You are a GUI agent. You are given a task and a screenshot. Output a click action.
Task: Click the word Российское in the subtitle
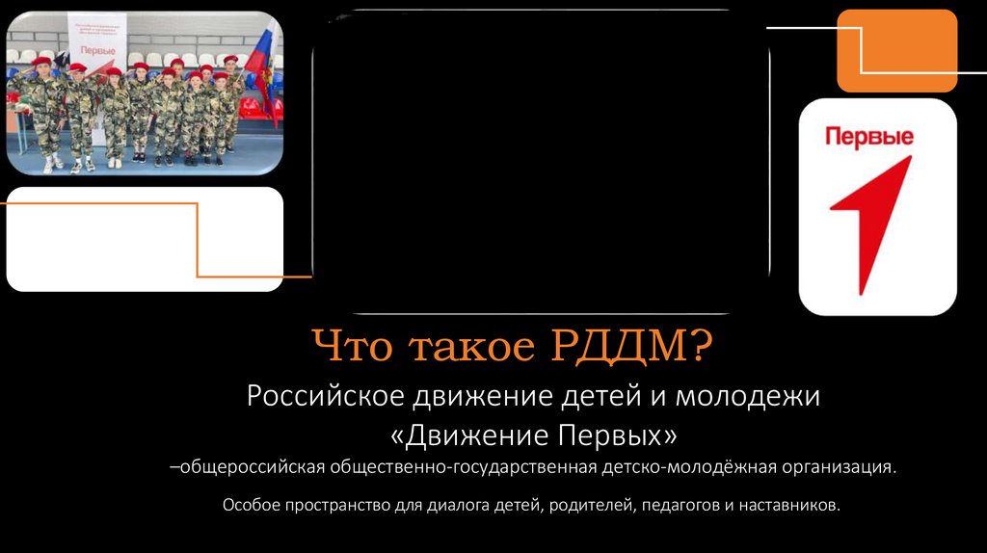(325, 396)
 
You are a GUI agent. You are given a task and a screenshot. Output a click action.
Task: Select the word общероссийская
(250, 468)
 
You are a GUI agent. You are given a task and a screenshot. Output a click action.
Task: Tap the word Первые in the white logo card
(868, 138)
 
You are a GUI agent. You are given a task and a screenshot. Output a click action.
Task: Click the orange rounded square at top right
(895, 50)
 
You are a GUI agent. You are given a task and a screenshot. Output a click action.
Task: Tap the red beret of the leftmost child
(40, 63)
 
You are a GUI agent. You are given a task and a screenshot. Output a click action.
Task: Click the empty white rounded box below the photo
(145, 238)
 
